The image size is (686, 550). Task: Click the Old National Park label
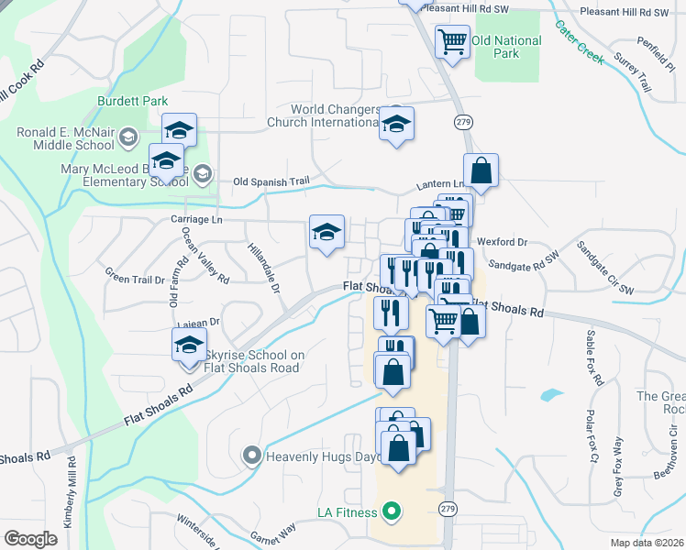pyautogui.click(x=506, y=47)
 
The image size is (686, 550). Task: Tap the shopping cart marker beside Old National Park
pyautogui.click(x=452, y=41)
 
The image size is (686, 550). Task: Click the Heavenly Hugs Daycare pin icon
pyautogui.click(x=250, y=455)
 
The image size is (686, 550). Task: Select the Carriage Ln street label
pyautogui.click(x=196, y=220)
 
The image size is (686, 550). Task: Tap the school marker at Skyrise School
pyautogui.click(x=189, y=346)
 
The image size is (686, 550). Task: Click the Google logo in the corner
pyautogui.click(x=30, y=539)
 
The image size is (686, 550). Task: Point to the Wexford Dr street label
pyautogui.click(x=503, y=242)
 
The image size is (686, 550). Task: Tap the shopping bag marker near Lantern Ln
pyautogui.click(x=481, y=170)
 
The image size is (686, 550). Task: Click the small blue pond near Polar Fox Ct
pyautogui.click(x=551, y=395)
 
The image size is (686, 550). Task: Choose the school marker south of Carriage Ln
pyautogui.click(x=326, y=234)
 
